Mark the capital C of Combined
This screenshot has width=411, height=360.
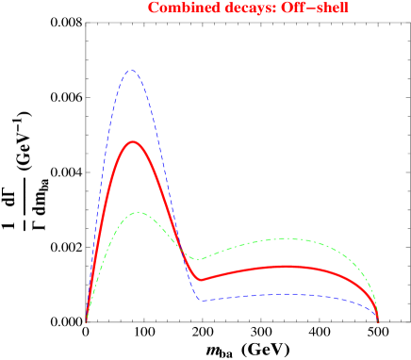tap(153, 8)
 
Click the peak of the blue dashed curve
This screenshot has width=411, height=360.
tap(132, 70)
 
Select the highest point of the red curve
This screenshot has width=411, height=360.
tap(135, 142)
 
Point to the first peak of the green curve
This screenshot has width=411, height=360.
tap(139, 212)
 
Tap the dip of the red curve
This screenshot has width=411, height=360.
tap(201, 280)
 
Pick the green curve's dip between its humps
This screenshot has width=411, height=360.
tap(195, 259)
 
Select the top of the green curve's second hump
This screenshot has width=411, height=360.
tap(285, 238)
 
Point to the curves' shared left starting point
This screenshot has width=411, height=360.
tap(87, 321)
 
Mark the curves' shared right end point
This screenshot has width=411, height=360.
tap(378, 321)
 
